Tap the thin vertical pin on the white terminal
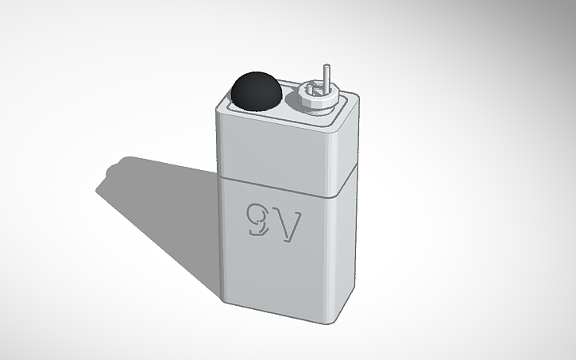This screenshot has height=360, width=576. click(x=324, y=79)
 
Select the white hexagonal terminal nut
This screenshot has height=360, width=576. click(x=314, y=99)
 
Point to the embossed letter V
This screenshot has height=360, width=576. click(x=288, y=228)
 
